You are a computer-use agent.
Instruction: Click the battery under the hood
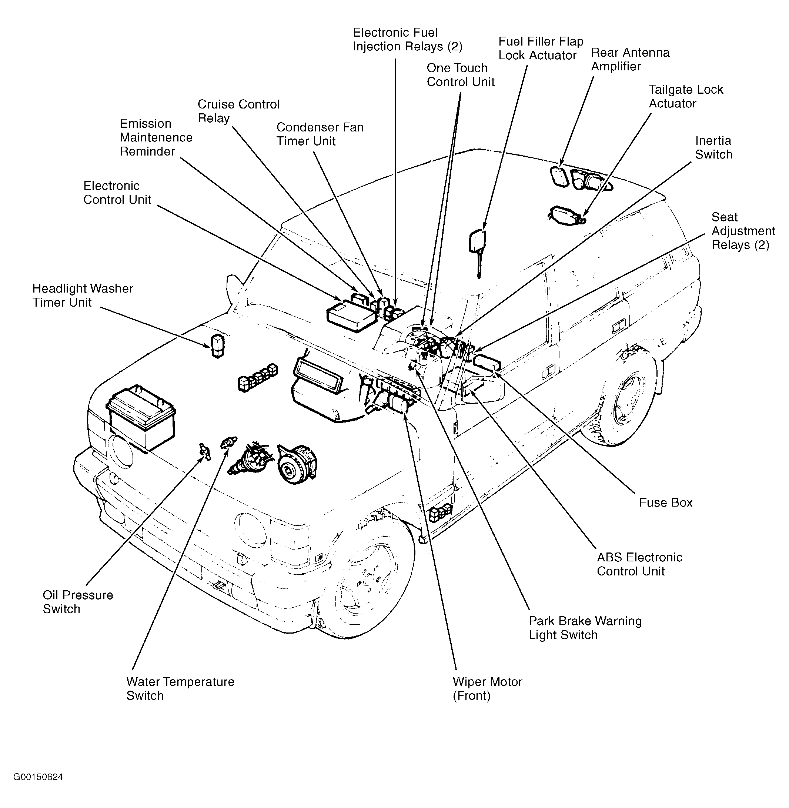[x=141, y=417]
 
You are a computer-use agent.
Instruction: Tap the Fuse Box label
[x=665, y=503]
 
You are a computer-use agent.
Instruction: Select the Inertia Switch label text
[x=713, y=147]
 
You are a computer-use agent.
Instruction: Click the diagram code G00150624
[x=38, y=777]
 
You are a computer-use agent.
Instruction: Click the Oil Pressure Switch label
[x=78, y=602]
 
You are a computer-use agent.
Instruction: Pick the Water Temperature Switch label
[x=180, y=689]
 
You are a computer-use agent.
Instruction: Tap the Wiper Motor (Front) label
[x=487, y=689]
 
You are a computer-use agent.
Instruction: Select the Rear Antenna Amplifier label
[x=630, y=59]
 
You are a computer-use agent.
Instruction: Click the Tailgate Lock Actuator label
[x=686, y=97]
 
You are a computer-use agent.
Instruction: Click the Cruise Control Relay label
[x=239, y=111]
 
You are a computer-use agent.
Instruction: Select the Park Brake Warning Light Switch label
[x=585, y=628]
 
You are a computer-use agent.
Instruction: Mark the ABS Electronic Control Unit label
[x=639, y=564]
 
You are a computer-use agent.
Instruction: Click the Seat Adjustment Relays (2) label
[x=743, y=231]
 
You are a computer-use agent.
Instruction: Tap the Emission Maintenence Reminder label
[x=156, y=137]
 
